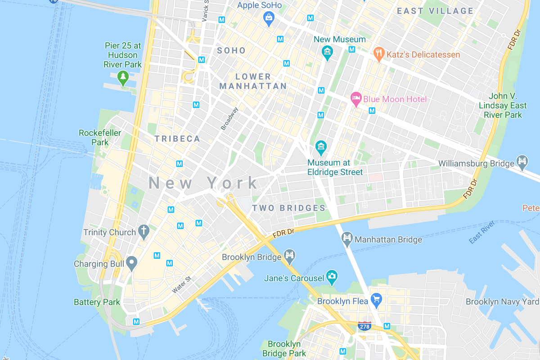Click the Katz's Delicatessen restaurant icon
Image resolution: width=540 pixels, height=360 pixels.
379,54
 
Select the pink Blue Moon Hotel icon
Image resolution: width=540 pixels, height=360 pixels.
356,99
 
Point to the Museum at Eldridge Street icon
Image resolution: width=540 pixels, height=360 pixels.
320,146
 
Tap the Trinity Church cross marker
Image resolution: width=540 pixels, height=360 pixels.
144,232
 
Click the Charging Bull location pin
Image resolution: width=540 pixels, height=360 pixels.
131,263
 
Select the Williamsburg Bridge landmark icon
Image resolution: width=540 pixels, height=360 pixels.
522,162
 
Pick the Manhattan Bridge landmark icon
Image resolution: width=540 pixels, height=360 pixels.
347,239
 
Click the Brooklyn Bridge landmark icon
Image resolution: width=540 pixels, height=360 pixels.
289,256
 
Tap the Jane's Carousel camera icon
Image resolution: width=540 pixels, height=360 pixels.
332,277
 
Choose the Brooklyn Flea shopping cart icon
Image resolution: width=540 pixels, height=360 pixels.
376,300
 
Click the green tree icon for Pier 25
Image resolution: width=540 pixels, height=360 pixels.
122,77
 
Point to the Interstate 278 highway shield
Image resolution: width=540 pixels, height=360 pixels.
364,325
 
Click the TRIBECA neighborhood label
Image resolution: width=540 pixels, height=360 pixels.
177,139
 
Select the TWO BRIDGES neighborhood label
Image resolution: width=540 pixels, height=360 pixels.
288,208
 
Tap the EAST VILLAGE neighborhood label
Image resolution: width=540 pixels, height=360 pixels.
435,11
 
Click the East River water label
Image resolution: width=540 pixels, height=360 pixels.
481,232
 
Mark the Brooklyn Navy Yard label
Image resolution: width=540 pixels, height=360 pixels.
502,301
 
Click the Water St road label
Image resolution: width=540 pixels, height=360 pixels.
182,285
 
